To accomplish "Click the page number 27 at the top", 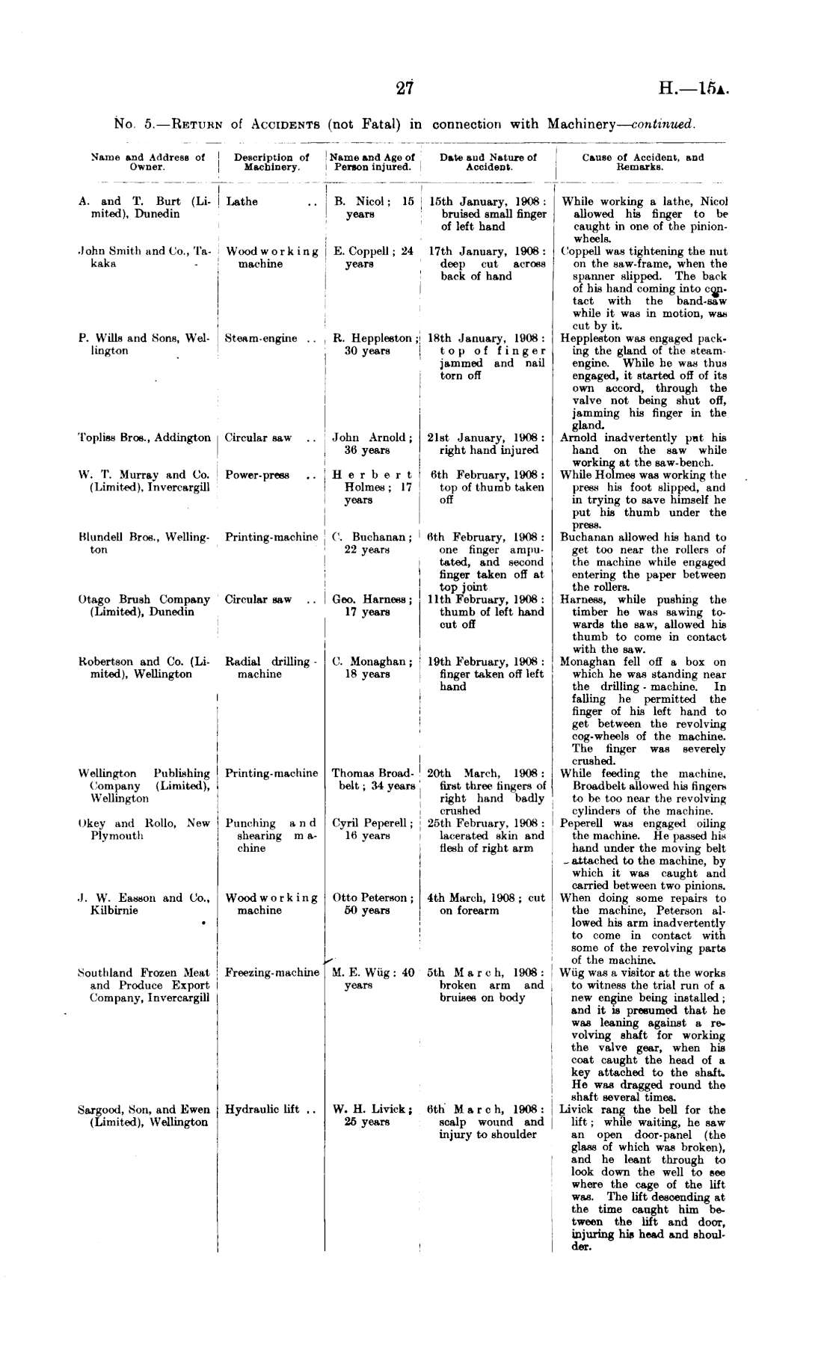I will (x=405, y=87).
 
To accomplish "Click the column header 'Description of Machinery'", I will (x=271, y=162).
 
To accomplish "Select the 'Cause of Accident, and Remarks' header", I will (x=642, y=162).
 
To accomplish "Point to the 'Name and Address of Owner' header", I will (x=147, y=162).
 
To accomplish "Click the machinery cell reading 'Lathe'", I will (x=242, y=202).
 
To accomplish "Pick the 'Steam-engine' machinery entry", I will (x=262, y=339).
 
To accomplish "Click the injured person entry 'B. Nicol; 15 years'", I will (x=374, y=208).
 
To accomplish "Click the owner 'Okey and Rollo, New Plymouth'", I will (x=144, y=829).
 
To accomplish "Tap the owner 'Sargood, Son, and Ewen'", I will (x=144, y=1110).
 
